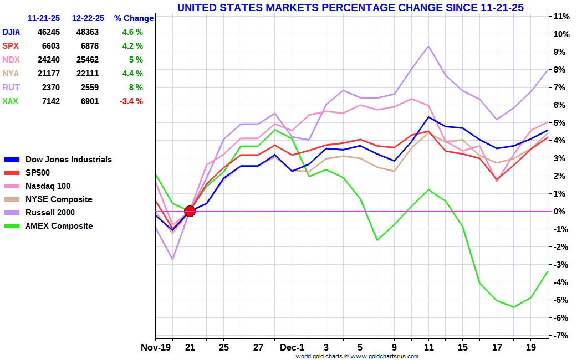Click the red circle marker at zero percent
[190, 211]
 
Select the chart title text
[350, 7]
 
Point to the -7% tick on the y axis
[561, 336]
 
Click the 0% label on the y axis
[561, 212]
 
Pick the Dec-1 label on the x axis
[293, 348]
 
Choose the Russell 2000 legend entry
[50, 213]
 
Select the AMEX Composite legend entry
[59, 226]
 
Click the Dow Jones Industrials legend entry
[68, 160]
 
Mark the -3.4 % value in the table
[132, 101]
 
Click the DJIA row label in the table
[12, 32]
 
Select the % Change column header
[134, 18]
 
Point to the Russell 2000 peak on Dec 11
[428, 46]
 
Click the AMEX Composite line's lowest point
[514, 307]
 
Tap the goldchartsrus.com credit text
[356, 356]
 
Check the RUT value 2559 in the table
[89, 88]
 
